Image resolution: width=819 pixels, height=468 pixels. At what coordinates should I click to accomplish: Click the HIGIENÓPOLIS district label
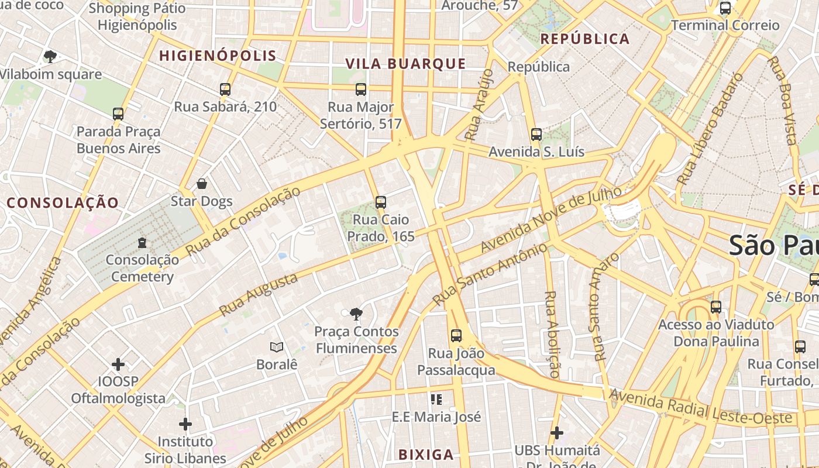(x=218, y=56)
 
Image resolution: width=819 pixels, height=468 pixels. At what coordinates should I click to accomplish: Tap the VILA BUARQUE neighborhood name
(x=405, y=64)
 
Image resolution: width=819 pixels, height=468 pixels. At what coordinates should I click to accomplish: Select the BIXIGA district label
(x=426, y=455)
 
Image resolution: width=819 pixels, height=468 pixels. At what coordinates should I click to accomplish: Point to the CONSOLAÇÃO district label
(x=63, y=203)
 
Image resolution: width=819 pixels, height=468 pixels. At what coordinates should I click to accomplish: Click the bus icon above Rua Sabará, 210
(x=225, y=90)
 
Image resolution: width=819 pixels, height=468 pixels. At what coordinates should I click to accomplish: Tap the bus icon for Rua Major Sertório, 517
(x=361, y=90)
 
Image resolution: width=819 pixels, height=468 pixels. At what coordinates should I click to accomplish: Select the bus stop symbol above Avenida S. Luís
(x=536, y=135)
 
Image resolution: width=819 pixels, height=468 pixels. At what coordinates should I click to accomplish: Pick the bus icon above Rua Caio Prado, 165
(x=381, y=202)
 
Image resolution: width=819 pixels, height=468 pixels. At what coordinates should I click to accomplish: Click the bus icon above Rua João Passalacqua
(x=456, y=336)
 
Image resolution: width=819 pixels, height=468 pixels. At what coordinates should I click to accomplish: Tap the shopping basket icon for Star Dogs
(x=202, y=184)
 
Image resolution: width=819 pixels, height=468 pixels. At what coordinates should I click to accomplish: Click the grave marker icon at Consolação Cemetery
(x=142, y=242)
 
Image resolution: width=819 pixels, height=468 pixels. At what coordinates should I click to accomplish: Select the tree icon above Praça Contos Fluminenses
(x=355, y=314)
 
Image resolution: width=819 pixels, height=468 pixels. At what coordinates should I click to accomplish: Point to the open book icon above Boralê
(x=277, y=347)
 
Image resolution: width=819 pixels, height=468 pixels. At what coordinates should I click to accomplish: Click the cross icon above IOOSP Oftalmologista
(x=118, y=364)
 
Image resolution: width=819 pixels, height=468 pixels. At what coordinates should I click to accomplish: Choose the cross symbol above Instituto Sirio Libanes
(x=185, y=424)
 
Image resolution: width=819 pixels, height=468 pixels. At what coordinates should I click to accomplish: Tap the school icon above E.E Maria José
(x=436, y=400)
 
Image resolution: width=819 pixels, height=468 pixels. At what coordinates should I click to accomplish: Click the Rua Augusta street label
(x=259, y=295)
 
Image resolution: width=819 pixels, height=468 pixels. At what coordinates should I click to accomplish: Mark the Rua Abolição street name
(x=551, y=334)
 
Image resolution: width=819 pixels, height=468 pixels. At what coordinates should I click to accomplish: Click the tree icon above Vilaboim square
(x=50, y=57)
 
